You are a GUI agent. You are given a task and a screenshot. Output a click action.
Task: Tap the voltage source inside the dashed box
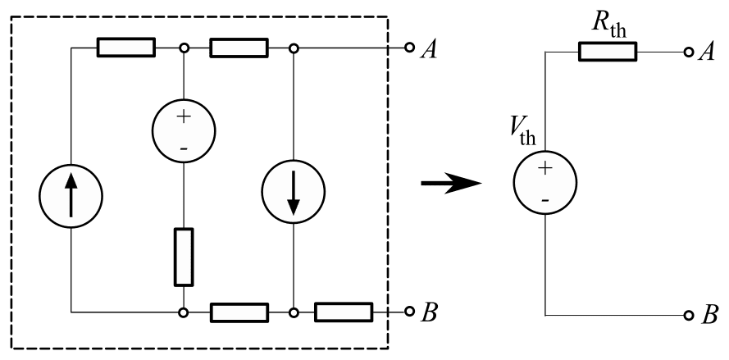(183, 131)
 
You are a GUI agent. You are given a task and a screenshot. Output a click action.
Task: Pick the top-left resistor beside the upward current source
(125, 48)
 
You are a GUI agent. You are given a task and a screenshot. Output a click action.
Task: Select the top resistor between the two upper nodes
(239, 48)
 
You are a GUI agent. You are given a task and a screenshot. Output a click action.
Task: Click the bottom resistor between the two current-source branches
(239, 312)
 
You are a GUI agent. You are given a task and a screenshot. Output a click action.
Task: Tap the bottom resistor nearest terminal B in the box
(344, 312)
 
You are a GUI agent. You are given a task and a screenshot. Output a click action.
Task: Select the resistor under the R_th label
(608, 52)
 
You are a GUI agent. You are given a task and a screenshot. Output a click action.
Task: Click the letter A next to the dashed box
(429, 49)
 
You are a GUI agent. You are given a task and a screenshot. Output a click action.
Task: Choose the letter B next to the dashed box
(429, 312)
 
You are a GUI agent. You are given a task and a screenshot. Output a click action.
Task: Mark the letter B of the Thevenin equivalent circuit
(709, 316)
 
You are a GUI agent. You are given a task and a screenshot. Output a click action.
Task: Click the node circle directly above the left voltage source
(184, 48)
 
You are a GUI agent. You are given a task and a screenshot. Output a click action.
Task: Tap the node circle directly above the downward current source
(293, 48)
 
